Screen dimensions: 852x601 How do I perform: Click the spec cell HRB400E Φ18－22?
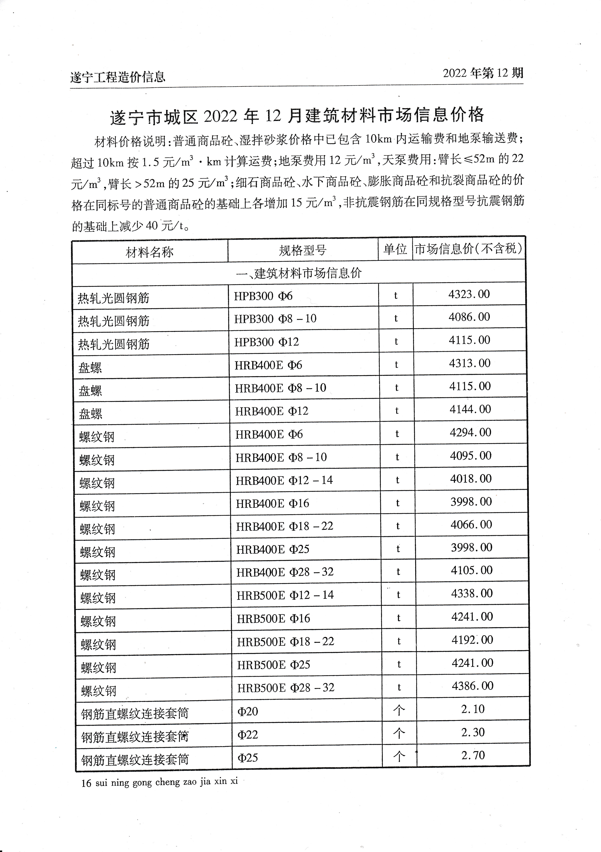pyautogui.click(x=284, y=526)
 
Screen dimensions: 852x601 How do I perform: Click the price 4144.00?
pyautogui.click(x=470, y=409)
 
